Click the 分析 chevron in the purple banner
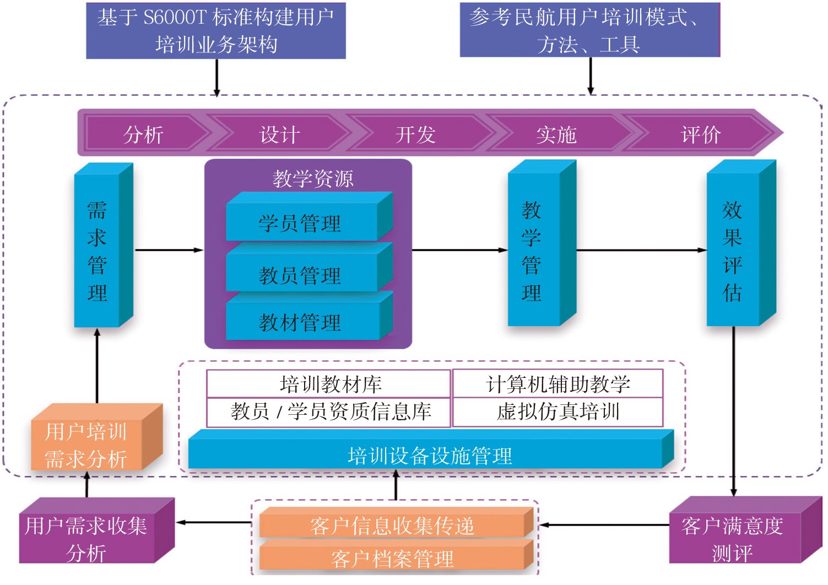[143, 134]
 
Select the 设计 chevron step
[279, 134]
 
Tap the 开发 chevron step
[415, 134]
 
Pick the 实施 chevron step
[556, 134]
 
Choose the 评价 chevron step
[701, 134]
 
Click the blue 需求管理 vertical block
[97, 251]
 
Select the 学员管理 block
[301, 224]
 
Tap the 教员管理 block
[301, 275]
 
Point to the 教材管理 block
[301, 322]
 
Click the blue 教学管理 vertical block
[532, 251]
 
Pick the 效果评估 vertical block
[733, 251]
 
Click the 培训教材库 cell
[329, 384]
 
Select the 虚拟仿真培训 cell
[558, 411]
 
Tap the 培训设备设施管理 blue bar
[430, 456]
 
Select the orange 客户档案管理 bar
[392, 559]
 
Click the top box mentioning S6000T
[216, 31]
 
